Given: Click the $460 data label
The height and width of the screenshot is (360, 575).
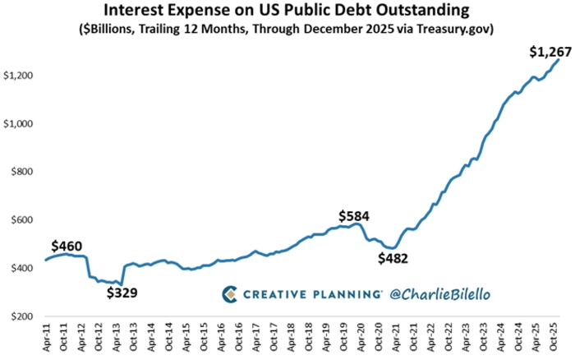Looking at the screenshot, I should (67, 245).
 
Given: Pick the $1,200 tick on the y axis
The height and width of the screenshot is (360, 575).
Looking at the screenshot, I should (17, 76).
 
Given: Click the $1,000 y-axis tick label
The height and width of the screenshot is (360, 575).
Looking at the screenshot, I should (17, 124).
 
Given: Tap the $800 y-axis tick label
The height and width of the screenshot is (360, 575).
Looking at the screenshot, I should (21, 172).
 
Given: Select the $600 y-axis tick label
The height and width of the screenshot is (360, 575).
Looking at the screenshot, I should (21, 220).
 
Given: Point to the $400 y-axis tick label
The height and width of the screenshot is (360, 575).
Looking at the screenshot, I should (21, 268).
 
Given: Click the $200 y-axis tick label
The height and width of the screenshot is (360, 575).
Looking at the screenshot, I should (21, 316).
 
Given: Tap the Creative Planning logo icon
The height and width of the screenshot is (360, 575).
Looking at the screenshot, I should (231, 293).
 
